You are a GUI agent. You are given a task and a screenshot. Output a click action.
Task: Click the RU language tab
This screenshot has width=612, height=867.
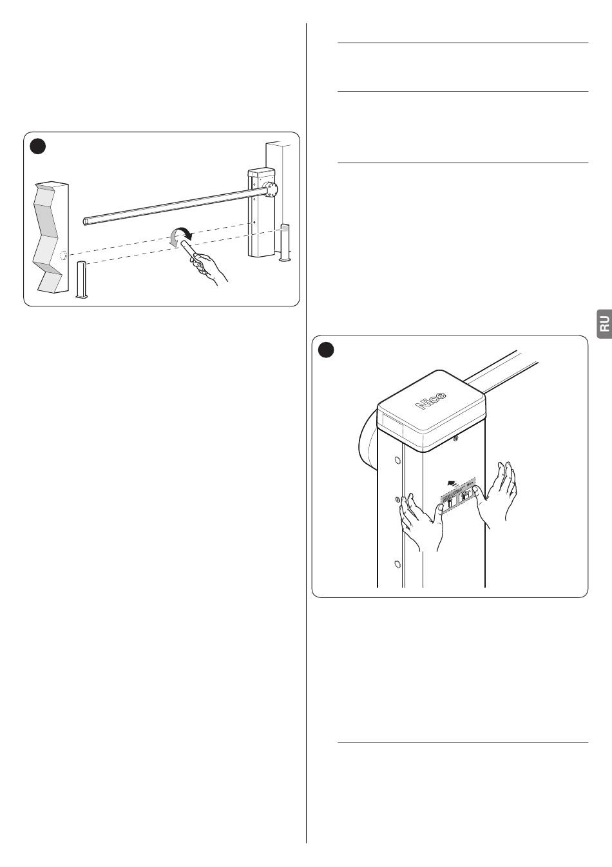point(603,322)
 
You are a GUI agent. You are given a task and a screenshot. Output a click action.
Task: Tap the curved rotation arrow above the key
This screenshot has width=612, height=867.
point(180,236)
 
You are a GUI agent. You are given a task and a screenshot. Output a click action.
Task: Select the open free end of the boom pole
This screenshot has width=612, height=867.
point(87,221)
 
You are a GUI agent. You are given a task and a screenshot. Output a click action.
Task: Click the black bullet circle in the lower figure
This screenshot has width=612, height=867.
point(327,350)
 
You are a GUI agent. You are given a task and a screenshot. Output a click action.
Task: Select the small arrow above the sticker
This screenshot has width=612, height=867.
point(455,481)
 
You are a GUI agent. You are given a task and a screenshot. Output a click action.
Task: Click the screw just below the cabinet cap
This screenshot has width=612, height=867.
point(456,440)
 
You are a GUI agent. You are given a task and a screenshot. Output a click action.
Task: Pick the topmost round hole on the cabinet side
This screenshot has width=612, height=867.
point(397,461)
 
